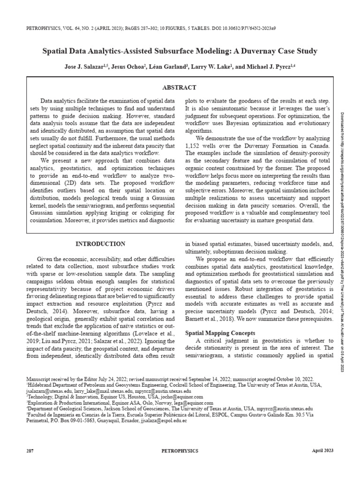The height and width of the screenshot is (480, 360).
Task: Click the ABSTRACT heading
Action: coord(179,88)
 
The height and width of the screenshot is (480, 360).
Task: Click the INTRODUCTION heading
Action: coord(100,244)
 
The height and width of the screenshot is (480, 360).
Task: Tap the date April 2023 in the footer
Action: coord(322,450)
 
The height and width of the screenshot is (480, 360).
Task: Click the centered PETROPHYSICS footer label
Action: coord(180,450)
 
